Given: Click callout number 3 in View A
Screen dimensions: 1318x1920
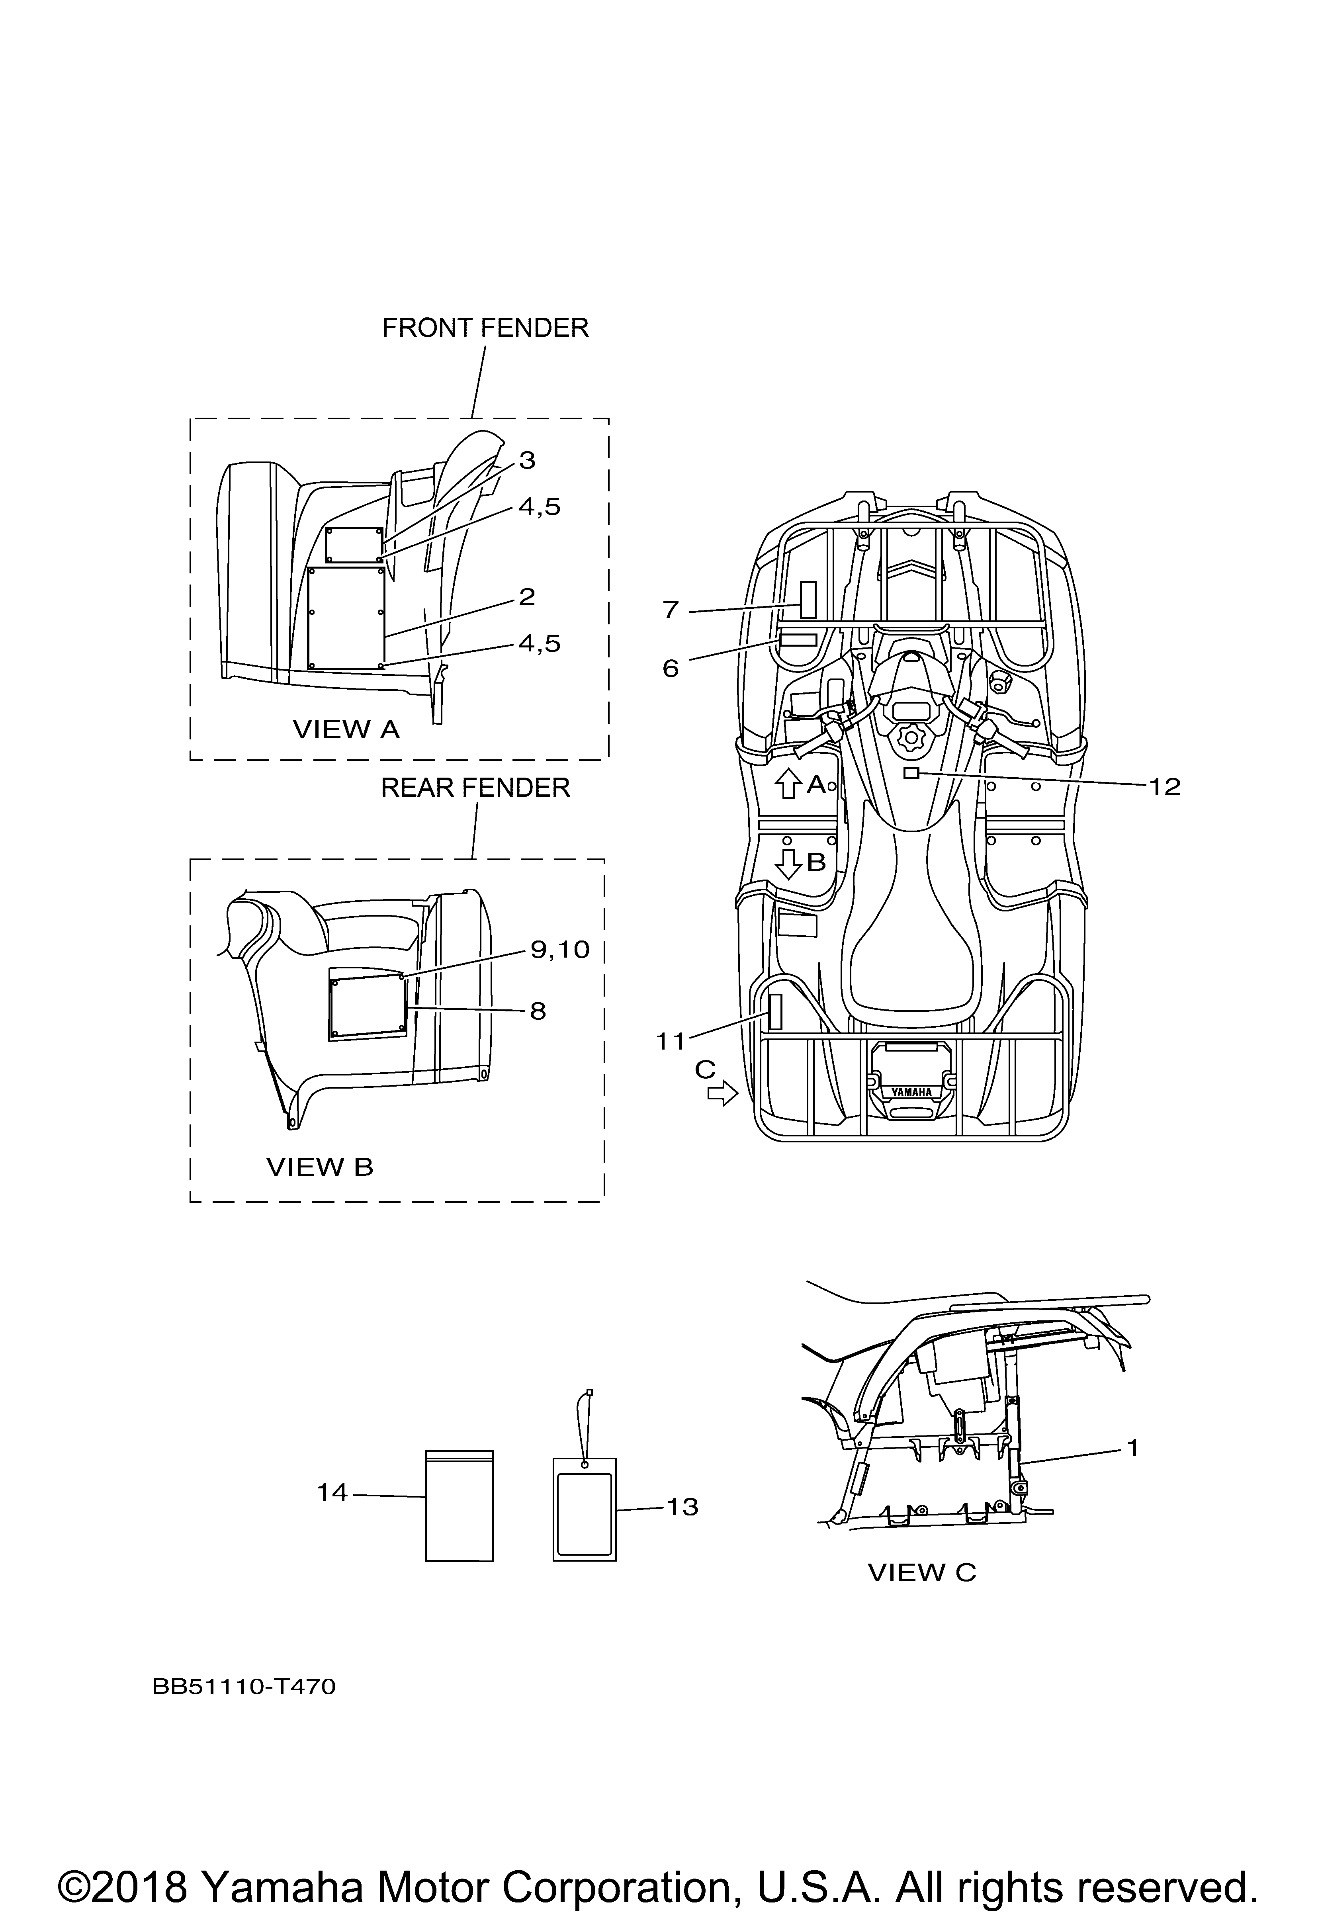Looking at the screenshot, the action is (527, 460).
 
